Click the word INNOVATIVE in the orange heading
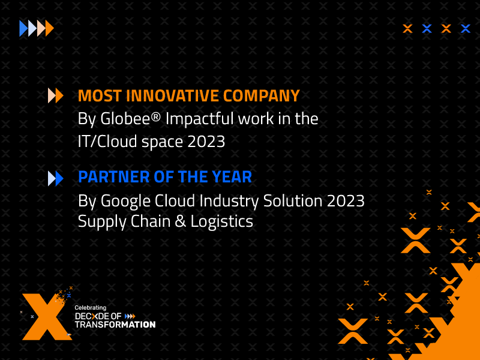[x=172, y=95]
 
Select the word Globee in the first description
[x=125, y=118]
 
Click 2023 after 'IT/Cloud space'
[x=206, y=142]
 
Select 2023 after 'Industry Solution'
[x=346, y=201]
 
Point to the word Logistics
[x=221, y=221]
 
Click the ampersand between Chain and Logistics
[x=181, y=221]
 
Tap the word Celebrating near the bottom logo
[x=91, y=308]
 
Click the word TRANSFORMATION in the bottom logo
[x=115, y=325]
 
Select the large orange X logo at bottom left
[x=47, y=317]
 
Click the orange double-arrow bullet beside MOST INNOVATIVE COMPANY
[x=55, y=95]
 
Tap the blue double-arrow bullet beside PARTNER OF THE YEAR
[x=55, y=178]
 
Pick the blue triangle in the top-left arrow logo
[x=23, y=28]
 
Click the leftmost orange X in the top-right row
[x=407, y=28]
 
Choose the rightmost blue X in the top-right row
[x=466, y=28]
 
